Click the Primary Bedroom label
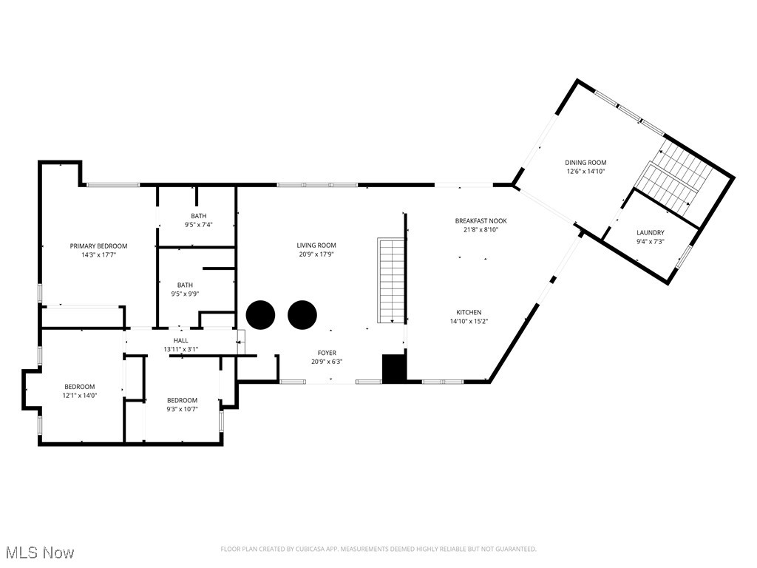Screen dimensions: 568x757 coord(98,246)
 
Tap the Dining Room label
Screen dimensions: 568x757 coord(585,163)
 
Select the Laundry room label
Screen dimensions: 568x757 coord(651,232)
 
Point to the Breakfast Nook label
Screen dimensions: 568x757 coord(481,220)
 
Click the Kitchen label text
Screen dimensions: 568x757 coord(469,312)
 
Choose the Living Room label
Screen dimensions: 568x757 coord(316,246)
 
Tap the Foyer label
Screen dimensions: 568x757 coord(327,354)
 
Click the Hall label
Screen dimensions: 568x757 coord(181,340)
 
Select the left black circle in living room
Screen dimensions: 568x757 coord(260,315)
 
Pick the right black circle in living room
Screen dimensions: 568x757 coord(302,315)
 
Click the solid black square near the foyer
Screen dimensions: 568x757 coord(394,369)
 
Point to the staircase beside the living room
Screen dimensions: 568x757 coord(391,280)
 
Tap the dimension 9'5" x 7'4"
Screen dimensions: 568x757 coord(198,225)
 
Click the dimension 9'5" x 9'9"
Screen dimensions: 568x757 coord(185,294)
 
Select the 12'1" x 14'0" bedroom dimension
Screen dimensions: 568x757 coord(80,396)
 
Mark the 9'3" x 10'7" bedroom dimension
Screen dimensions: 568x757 coord(182,409)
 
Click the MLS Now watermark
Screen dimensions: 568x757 coord(38,552)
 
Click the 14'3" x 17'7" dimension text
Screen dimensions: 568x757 coord(98,254)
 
